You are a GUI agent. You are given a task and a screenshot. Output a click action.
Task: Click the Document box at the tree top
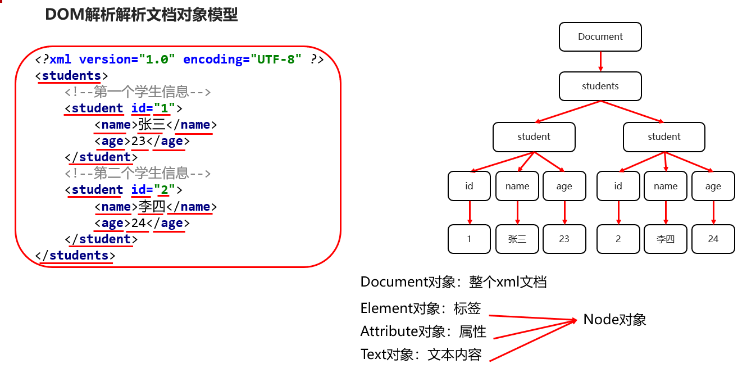pyautogui.click(x=600, y=37)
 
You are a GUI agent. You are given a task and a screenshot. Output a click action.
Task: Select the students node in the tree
pyautogui.click(x=600, y=86)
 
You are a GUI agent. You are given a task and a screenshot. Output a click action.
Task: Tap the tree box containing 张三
pyautogui.click(x=517, y=239)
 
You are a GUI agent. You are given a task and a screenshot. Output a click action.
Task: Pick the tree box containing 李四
pyautogui.click(x=666, y=239)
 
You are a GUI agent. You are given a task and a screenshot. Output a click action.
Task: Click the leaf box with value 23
pyautogui.click(x=564, y=239)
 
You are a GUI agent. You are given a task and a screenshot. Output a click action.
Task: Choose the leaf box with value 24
pyautogui.click(x=713, y=239)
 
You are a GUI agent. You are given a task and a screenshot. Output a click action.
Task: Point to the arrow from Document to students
pyautogui.click(x=600, y=61)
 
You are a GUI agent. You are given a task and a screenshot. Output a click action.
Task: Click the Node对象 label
pyautogui.click(x=614, y=320)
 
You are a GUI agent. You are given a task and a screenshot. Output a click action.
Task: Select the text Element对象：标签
pyautogui.click(x=420, y=308)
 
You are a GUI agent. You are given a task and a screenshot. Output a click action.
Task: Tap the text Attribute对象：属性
pyautogui.click(x=423, y=331)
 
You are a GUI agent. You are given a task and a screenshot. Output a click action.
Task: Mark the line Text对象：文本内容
pyautogui.click(x=421, y=355)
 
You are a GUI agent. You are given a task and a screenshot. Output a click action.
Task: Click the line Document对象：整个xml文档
pyautogui.click(x=453, y=281)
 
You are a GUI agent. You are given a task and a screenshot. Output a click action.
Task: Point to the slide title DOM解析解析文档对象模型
pyautogui.click(x=142, y=15)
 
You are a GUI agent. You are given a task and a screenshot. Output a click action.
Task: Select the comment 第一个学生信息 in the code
pyautogui.click(x=138, y=92)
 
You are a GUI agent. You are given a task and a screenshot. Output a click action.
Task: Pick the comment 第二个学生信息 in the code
pyautogui.click(x=138, y=173)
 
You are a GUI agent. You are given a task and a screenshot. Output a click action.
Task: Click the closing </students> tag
pyautogui.click(x=75, y=255)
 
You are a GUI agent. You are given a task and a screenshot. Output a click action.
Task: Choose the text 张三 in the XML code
pyautogui.click(x=151, y=125)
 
